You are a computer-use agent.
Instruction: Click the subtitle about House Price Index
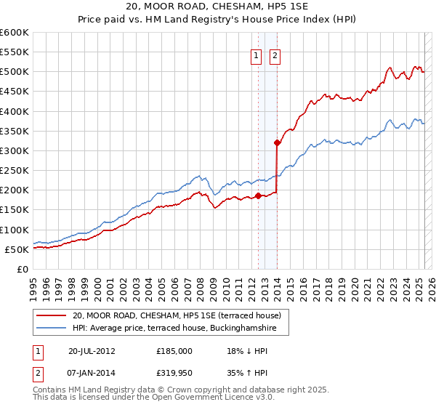217,20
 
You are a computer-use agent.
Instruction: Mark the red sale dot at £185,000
258,196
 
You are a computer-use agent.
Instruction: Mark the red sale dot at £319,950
277,142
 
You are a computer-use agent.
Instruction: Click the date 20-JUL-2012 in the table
92,350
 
